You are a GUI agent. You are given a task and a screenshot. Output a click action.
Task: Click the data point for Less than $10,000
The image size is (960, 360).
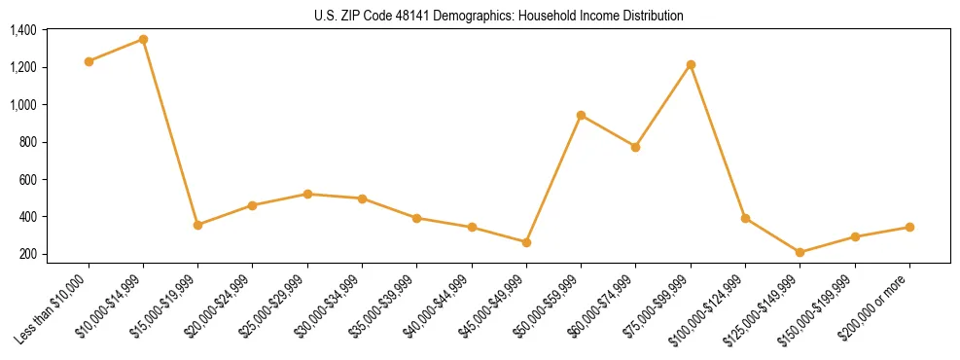click(89, 61)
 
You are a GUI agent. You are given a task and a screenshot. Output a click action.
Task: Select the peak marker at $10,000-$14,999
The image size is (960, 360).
click(143, 39)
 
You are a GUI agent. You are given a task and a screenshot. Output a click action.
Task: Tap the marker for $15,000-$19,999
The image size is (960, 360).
click(197, 225)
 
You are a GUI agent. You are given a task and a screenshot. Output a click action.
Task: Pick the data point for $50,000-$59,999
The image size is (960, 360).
click(581, 115)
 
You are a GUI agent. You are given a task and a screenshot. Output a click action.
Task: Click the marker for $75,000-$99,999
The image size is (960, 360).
click(691, 64)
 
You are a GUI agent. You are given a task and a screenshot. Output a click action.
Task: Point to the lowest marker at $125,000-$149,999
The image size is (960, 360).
click(800, 253)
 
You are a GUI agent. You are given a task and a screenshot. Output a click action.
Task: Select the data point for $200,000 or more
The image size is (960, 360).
click(909, 227)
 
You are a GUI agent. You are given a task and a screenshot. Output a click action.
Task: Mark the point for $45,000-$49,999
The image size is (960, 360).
click(526, 242)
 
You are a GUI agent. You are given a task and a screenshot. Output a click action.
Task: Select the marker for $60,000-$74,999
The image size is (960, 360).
click(635, 147)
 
